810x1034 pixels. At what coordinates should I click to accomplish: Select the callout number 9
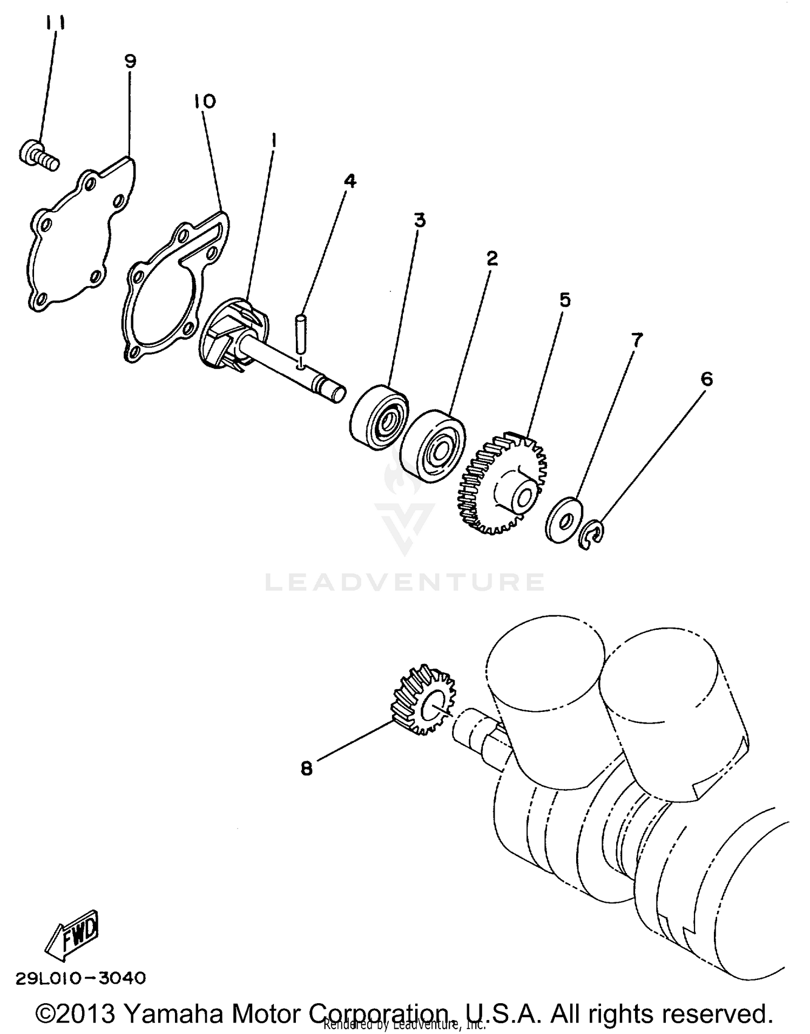coord(130,61)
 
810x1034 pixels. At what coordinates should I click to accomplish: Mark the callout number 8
coord(307,768)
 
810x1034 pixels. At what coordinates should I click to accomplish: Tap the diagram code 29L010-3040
coord(81,978)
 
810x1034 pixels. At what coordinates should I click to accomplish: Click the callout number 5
coord(565,300)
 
